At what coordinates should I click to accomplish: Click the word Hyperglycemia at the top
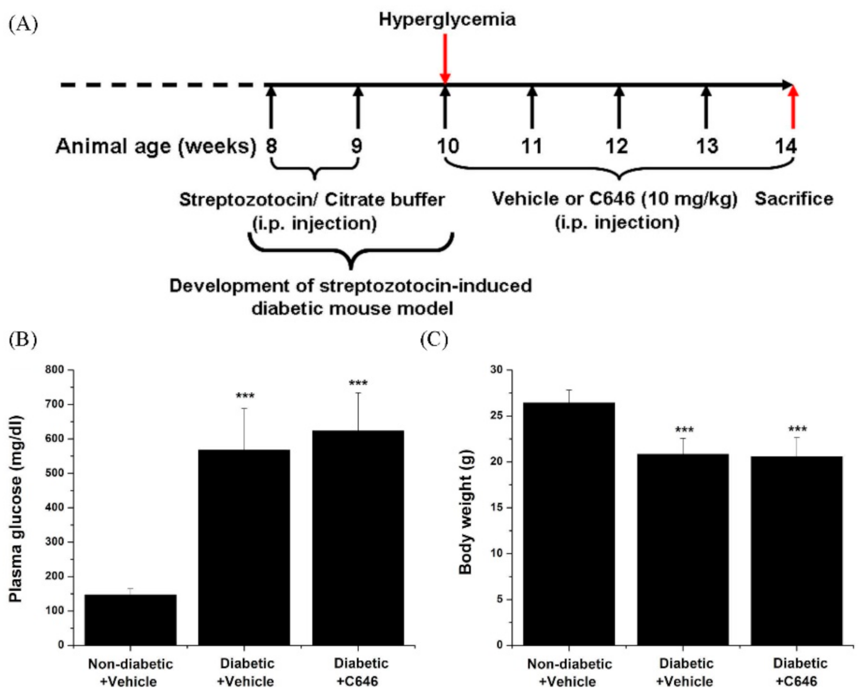[447, 20]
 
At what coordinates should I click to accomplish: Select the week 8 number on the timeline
[271, 146]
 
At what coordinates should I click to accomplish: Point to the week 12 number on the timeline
[616, 146]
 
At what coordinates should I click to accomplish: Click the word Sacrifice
[794, 199]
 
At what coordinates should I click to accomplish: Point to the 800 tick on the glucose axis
[55, 370]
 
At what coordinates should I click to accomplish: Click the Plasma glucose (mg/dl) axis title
[16, 508]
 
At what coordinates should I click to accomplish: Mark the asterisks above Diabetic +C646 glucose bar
[358, 383]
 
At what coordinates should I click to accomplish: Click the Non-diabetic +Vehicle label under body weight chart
[569, 672]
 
